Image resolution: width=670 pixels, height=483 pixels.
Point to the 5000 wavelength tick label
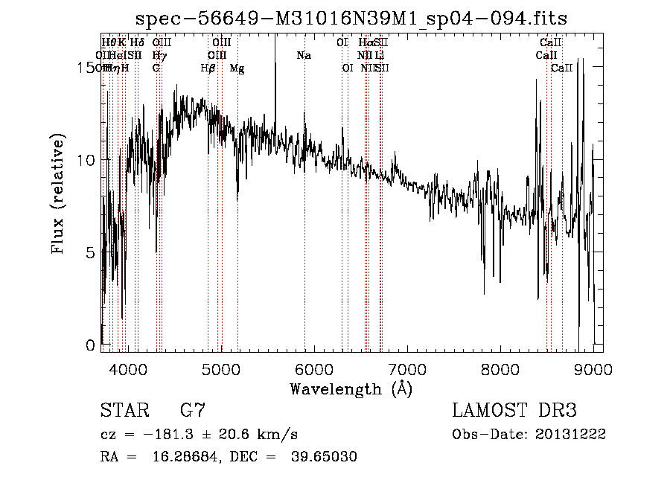[220, 369]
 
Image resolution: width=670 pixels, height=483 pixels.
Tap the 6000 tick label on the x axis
[313, 369]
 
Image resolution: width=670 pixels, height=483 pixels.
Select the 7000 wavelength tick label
[407, 369]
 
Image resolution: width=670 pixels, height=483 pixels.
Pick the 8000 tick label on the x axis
[500, 369]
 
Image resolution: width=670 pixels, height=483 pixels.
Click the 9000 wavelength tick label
[593, 369]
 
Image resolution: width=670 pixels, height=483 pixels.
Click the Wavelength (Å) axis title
[351, 388]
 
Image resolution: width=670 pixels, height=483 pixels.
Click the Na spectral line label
[303, 56]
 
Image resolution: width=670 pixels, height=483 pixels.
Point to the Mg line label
[237, 68]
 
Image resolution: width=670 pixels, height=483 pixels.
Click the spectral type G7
[192, 411]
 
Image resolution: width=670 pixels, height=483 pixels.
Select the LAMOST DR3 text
[514, 411]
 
